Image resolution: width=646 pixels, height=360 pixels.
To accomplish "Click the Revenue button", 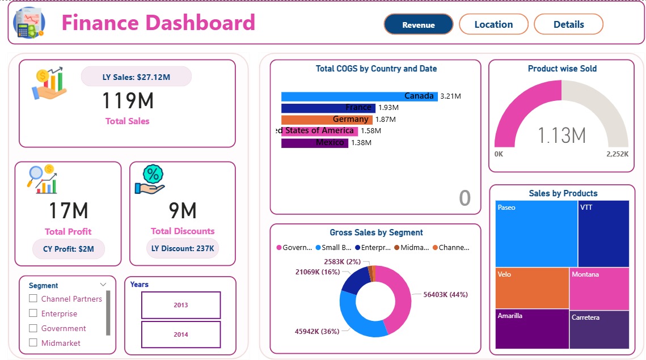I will (419, 24).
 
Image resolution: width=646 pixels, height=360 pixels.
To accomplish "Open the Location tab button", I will (493, 24).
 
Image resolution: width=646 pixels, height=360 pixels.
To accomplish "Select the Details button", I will (568, 24).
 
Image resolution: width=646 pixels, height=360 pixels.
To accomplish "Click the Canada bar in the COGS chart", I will (359, 96).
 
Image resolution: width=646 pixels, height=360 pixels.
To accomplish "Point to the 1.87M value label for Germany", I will (385, 120).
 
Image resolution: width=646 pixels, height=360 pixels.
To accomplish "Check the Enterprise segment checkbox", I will (33, 314).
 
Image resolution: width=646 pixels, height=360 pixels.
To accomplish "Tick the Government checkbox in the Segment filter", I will (33, 328).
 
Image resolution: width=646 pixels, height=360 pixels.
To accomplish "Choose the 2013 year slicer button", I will (180, 305).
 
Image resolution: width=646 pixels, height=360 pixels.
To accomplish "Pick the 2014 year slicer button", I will (180, 334).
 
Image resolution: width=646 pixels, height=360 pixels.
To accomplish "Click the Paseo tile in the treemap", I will (536, 233).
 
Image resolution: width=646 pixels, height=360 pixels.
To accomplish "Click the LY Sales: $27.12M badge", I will (136, 77).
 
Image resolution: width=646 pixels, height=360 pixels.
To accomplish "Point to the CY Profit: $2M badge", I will (68, 249).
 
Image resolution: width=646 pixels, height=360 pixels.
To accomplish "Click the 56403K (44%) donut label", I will (446, 295).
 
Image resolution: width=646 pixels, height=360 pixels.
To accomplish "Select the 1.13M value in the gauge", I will (561, 135).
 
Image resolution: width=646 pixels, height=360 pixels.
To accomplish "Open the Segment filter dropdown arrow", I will (103, 285).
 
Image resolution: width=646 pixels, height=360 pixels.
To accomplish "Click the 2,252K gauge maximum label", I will (618, 154).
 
